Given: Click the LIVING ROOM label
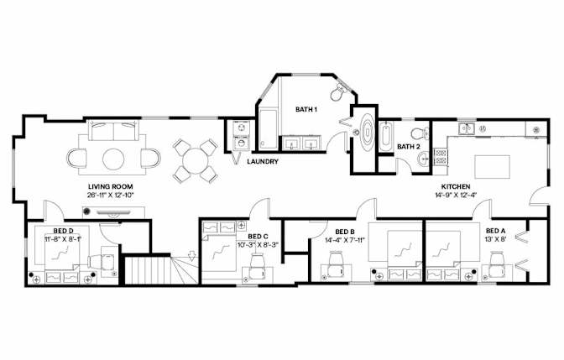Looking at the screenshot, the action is point(111,186).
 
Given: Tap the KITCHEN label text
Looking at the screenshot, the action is point(456,186).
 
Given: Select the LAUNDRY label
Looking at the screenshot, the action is point(263,162).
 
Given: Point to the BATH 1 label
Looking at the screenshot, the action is point(306,109).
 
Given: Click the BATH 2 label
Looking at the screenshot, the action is point(408,147).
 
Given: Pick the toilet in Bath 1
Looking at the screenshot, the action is point(337,91).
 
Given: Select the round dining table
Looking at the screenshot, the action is point(194,161).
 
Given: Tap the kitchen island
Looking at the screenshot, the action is point(492,166).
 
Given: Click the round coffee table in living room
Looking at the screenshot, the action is point(113,159).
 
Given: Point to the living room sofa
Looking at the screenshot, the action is point(113,131).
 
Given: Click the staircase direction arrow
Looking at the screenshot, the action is point(192,255).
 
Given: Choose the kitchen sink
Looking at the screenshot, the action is point(467,128).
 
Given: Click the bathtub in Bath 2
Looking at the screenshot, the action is point(386,138).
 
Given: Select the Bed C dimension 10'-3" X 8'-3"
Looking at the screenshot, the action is point(258,245).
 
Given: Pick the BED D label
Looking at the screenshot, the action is point(64,231).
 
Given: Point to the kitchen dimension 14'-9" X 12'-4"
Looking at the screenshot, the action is point(456,196).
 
